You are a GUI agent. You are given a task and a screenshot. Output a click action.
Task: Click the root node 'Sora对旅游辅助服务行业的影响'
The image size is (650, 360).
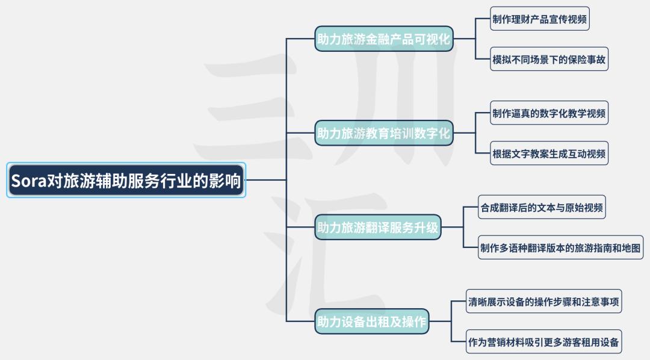point(126,180)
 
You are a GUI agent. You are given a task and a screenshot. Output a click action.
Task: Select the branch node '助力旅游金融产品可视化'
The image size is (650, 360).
point(384,39)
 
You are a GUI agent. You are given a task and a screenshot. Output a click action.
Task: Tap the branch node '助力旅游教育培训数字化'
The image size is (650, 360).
point(384,133)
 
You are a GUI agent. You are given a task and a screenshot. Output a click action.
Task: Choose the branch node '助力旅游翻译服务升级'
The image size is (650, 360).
point(377,228)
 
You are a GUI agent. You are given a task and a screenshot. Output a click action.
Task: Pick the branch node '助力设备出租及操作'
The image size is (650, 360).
point(372,321)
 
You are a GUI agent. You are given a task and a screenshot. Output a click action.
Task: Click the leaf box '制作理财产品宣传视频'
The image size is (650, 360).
point(540,19)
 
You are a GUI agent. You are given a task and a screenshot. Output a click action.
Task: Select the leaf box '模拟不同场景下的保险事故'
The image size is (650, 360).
point(549,60)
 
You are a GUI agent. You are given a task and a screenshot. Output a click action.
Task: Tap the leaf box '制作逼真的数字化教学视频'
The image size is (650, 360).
point(549,113)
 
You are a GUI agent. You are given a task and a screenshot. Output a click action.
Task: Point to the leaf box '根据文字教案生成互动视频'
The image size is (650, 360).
point(549,154)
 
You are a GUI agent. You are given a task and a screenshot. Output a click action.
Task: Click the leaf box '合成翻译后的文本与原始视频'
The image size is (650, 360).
point(542,207)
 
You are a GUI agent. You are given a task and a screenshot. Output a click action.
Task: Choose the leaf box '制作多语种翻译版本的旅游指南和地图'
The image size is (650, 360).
point(560,247)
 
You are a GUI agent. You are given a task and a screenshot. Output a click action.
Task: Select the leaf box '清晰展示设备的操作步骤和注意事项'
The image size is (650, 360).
point(544,301)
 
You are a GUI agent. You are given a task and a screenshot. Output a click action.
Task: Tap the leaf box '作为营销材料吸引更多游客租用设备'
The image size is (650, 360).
point(544,342)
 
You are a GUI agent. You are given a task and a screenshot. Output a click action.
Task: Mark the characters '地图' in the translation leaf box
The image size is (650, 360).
point(631,248)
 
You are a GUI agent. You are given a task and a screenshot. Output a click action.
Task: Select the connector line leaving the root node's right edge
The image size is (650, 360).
point(266,180)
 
